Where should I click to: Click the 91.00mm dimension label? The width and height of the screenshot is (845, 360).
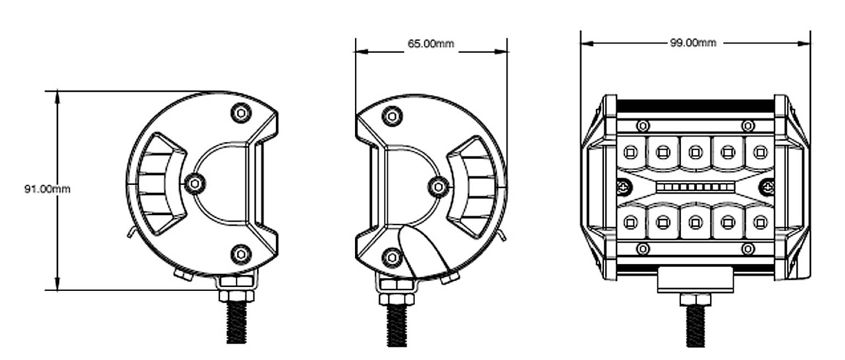pyautogui.click(x=47, y=189)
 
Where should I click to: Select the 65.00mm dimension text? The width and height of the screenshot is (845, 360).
pyautogui.click(x=431, y=44)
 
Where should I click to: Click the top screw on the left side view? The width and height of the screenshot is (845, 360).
pyautogui.click(x=240, y=113)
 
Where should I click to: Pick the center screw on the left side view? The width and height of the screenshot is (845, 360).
pyautogui.click(x=195, y=184)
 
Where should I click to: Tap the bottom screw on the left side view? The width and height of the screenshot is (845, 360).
pyautogui.click(x=240, y=254)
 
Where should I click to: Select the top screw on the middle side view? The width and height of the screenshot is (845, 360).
pyautogui.click(x=392, y=116)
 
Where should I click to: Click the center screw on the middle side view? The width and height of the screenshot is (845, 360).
pyautogui.click(x=438, y=187)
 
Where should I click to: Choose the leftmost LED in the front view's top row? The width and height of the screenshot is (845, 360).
pyautogui.click(x=630, y=151)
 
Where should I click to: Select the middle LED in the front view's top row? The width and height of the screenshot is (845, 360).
pyautogui.click(x=695, y=151)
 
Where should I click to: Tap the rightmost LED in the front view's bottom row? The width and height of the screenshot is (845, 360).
pyautogui.click(x=760, y=222)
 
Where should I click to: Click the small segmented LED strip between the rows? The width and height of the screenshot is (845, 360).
pyautogui.click(x=695, y=188)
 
